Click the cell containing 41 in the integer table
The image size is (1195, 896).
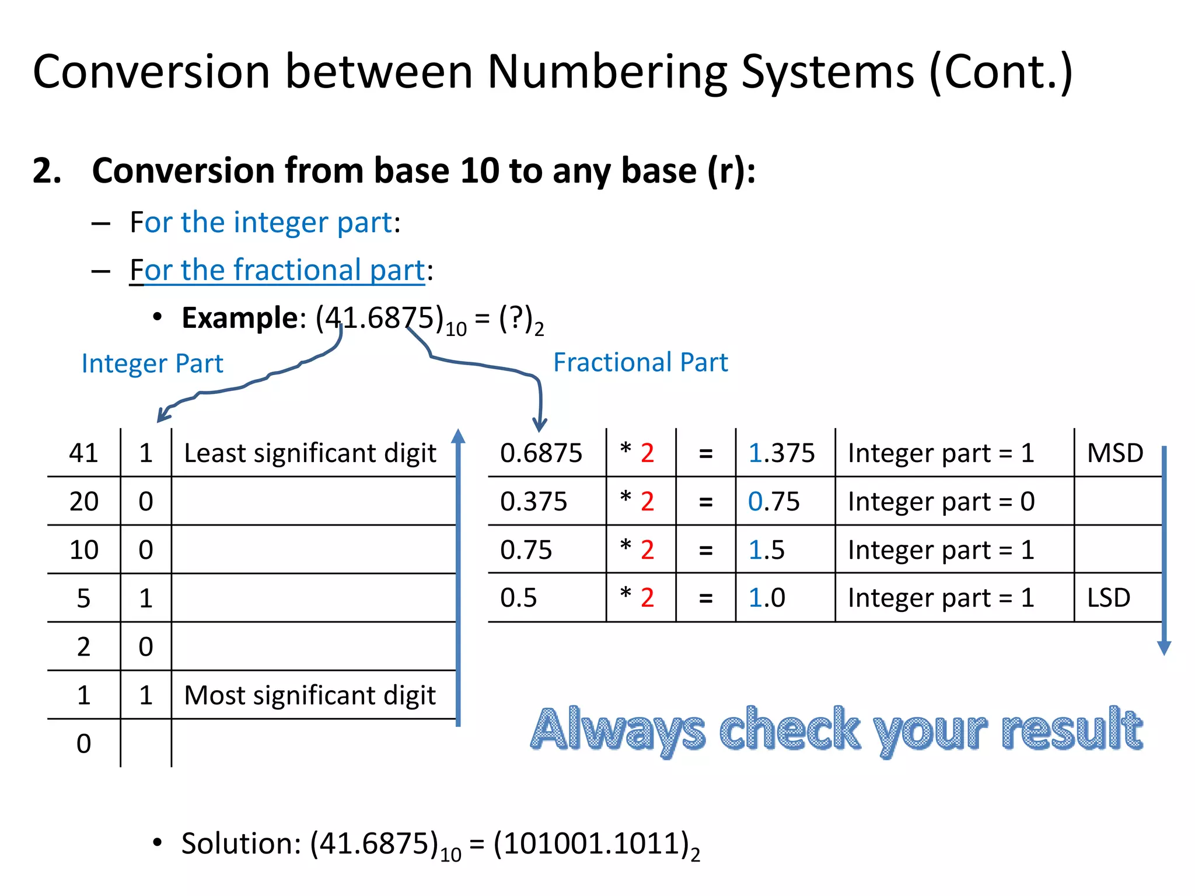pos(83,453)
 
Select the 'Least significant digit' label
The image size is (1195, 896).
pos(310,453)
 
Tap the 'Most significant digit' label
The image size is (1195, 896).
pos(310,695)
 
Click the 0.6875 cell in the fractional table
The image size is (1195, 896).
pos(541,453)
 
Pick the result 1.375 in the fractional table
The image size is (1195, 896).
pos(781,453)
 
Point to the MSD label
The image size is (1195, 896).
pos(1114,453)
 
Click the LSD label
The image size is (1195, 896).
pos(1109,598)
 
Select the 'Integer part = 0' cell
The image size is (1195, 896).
pos(941,502)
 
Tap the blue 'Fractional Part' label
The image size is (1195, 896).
pos(640,362)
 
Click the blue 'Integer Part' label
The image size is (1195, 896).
pos(152,363)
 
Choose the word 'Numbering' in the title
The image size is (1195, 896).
pos(607,72)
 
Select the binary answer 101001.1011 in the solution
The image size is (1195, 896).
pos(592,843)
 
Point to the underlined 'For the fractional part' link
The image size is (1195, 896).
pos(277,270)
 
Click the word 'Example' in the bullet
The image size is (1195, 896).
pos(240,318)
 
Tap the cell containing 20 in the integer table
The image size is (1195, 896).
pos(83,502)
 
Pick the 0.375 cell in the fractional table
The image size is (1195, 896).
pos(533,502)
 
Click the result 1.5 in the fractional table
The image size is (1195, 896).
pos(766,550)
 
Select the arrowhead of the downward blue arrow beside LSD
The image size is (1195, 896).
pos(1164,647)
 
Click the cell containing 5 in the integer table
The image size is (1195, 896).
pos(83,598)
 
